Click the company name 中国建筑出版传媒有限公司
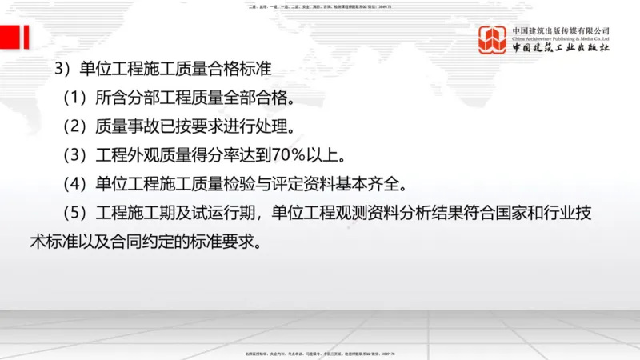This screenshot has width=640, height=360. coord(561,30)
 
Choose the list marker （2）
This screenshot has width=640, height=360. coord(75,126)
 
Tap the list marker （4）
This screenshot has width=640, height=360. coord(75,184)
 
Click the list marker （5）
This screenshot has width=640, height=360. coord(75,213)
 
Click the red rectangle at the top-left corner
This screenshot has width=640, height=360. coord(14,36)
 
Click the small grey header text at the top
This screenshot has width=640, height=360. coord(320,6)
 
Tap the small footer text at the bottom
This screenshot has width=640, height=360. coord(320,353)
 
